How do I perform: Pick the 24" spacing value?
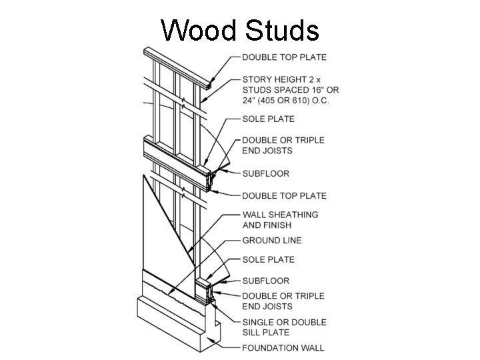click(249, 101)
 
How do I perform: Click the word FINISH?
click(278, 225)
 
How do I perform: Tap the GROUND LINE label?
click(271, 240)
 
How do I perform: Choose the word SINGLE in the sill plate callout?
click(259, 322)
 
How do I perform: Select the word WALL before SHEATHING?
click(254, 215)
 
